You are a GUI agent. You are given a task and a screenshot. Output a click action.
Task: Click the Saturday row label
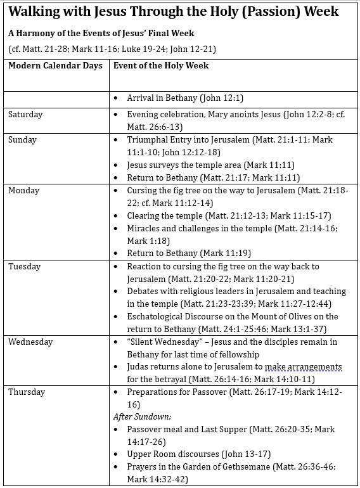[x=25, y=115]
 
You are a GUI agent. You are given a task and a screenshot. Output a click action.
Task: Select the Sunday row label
[x=23, y=140]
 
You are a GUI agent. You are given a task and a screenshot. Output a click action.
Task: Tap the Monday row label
[x=24, y=191]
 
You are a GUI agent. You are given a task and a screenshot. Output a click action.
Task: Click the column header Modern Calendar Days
[x=55, y=66]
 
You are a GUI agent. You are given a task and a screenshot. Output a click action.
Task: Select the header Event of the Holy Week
[x=161, y=66]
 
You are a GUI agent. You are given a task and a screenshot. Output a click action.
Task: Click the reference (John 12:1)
[x=221, y=98]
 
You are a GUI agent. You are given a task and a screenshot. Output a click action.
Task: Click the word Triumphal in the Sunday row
[x=149, y=140]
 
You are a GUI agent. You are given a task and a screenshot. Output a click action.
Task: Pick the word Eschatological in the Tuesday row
[x=156, y=317]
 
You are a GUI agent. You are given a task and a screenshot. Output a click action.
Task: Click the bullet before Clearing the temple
[x=116, y=216]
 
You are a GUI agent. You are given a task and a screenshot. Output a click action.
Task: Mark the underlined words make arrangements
[x=302, y=367]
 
